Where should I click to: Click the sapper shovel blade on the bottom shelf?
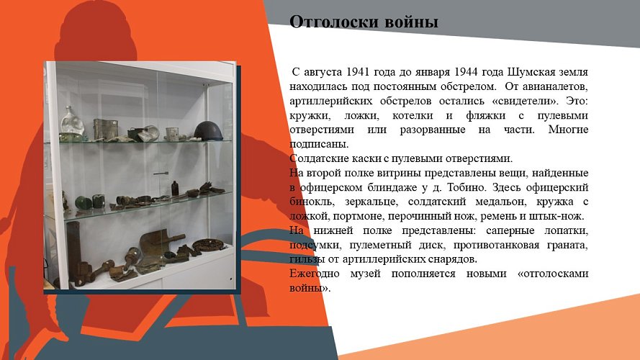154,242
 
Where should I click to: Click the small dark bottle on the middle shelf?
173,189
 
